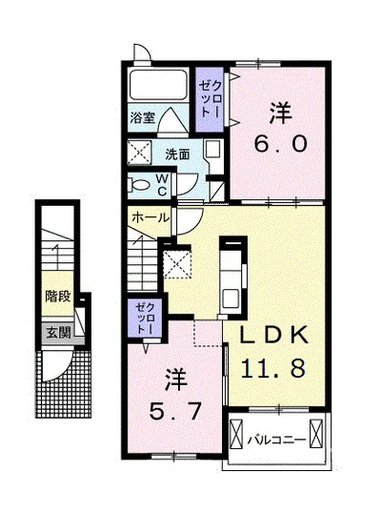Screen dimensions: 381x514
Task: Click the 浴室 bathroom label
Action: (x=142, y=117)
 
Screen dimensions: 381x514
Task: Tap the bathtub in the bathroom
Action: (x=158, y=85)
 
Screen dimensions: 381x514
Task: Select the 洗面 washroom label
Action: (x=177, y=154)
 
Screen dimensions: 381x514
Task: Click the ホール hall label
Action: (x=150, y=217)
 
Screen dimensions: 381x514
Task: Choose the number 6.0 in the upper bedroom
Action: (x=281, y=144)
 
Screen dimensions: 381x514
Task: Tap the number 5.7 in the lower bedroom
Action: (x=175, y=411)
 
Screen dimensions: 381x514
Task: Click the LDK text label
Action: (x=274, y=335)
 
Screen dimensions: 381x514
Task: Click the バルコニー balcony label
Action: (x=276, y=439)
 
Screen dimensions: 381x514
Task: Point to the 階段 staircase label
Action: (x=58, y=297)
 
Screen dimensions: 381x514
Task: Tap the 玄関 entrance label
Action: (x=58, y=333)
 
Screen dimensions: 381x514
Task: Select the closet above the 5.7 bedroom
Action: (x=145, y=318)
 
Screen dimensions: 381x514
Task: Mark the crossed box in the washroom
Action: (x=139, y=153)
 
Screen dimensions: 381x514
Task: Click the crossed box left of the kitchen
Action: (x=177, y=264)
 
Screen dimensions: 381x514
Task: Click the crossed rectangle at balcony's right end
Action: (x=316, y=433)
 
